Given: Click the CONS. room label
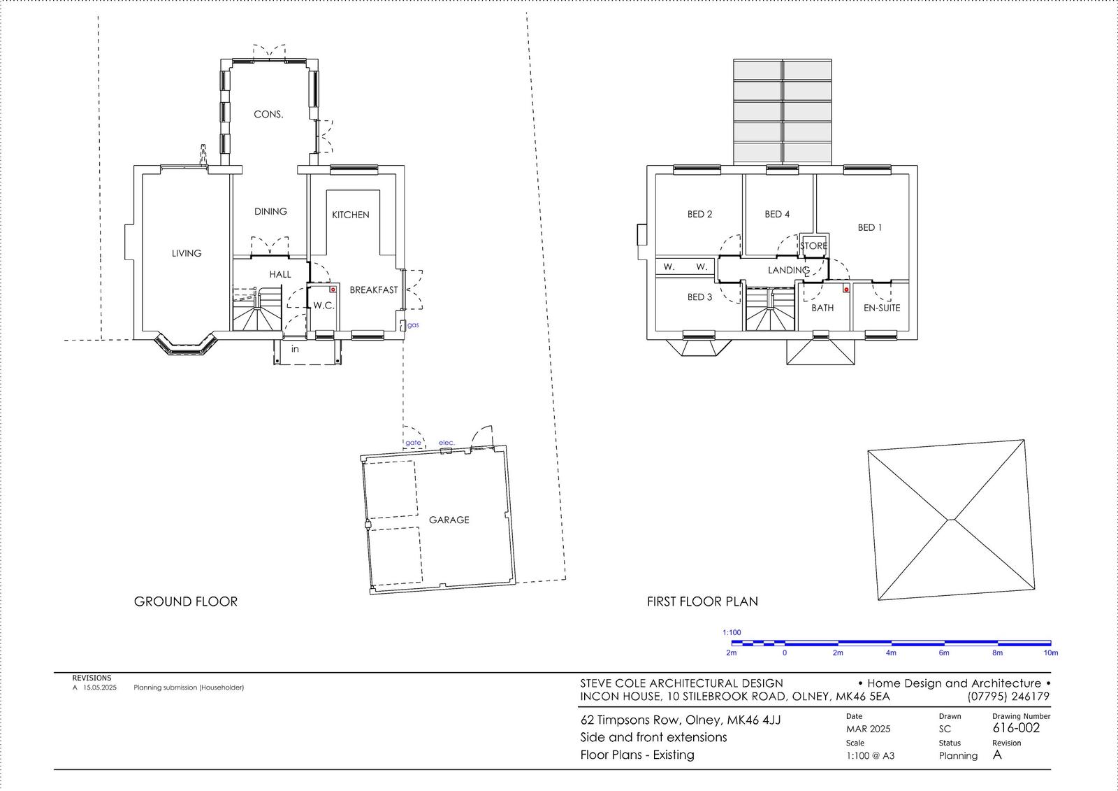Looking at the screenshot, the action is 268,115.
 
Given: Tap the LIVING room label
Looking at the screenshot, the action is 187,253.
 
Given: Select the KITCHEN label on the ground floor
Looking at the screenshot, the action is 351,215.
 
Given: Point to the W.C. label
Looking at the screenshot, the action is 324,306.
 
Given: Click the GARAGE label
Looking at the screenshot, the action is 449,520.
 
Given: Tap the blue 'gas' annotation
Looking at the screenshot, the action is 413,325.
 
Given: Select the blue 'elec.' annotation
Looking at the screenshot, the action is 447,443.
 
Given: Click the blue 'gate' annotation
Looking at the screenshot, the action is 413,443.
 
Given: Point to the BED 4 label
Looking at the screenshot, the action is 777,215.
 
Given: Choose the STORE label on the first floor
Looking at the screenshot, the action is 814,246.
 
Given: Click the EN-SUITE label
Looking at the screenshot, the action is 882,308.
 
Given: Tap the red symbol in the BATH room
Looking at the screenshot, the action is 846,290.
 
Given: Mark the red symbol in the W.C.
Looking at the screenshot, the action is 333,290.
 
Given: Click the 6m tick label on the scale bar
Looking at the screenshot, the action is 944,653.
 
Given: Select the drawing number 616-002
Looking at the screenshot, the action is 1016,728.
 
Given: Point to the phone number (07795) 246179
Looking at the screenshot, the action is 1009,697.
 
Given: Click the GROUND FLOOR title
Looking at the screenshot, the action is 186,601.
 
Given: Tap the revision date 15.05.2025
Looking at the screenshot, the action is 100,687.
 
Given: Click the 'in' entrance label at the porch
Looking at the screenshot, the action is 295,349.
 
